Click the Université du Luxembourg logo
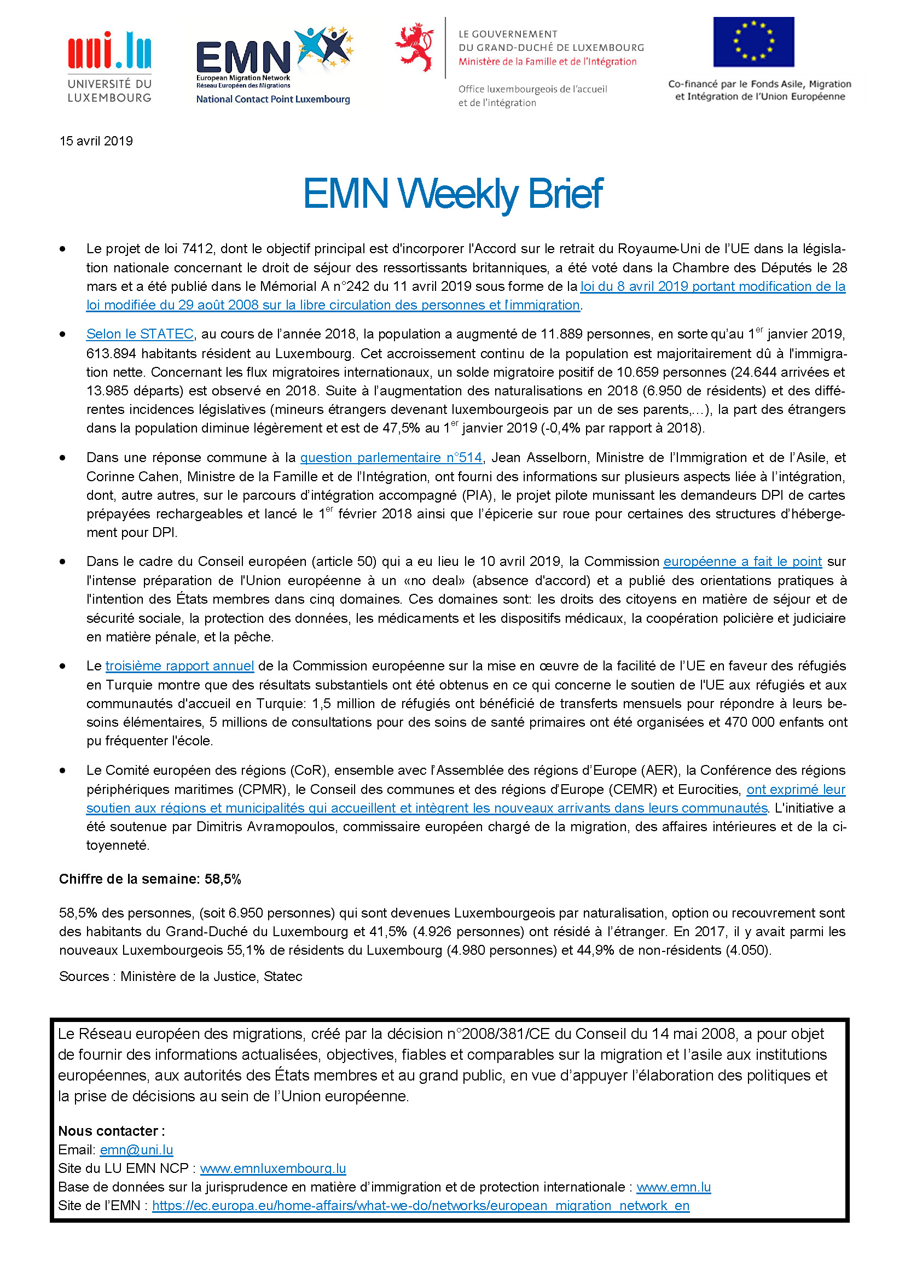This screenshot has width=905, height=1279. pos(109,67)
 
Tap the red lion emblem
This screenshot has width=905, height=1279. pos(415,47)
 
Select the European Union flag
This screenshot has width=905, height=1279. pos(753,42)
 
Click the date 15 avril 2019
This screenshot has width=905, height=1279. pos(96,141)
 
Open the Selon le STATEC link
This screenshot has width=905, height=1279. pos(140,334)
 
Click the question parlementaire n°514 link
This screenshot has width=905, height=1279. pos(391,458)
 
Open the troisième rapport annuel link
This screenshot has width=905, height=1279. pos(179,666)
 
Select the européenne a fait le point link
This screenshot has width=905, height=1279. pos(742,562)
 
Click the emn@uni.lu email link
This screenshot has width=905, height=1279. pos(137,1150)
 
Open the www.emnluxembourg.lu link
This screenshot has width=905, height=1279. pos(273,1168)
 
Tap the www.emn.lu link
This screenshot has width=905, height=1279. pos(673,1187)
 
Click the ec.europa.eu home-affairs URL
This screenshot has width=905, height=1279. pos(421,1206)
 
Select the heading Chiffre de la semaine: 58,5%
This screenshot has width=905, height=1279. pos(150,879)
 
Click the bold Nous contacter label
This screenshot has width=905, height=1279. pos(112,1131)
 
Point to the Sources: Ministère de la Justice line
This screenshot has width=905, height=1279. pos(181,977)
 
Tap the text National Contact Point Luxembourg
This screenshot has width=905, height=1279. pos(273,99)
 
